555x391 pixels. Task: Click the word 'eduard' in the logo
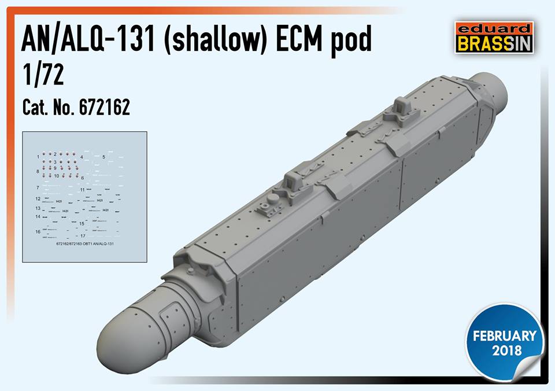click(x=491, y=28)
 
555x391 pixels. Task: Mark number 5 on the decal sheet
click(x=103, y=157)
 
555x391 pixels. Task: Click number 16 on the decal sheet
click(x=38, y=231)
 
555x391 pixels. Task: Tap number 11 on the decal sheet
click(x=83, y=190)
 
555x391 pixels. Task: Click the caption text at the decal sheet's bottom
click(x=84, y=245)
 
